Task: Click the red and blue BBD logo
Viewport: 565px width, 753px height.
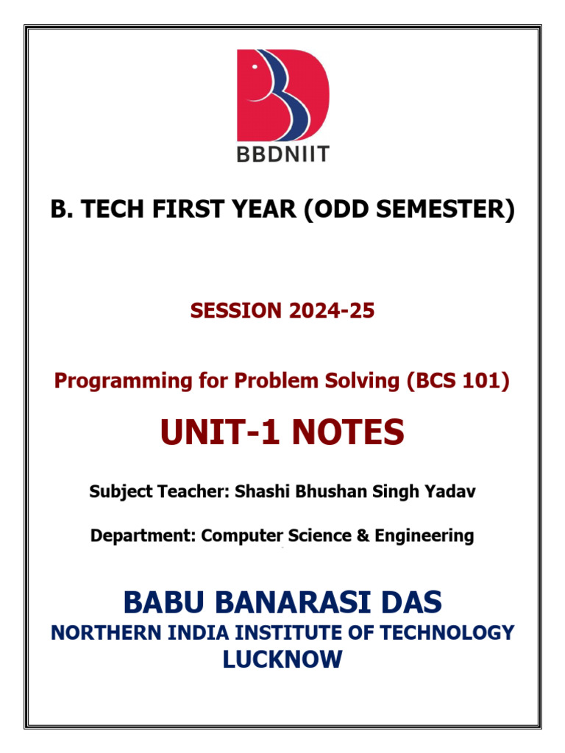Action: pyautogui.click(x=283, y=95)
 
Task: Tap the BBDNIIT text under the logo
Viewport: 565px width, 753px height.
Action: pyautogui.click(x=283, y=154)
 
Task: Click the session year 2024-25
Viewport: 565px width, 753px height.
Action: pyautogui.click(x=332, y=311)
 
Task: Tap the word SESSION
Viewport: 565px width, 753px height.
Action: pyautogui.click(x=236, y=311)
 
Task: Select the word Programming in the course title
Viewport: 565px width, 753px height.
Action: pyautogui.click(x=124, y=382)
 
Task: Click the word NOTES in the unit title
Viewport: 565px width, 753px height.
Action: pyautogui.click(x=348, y=432)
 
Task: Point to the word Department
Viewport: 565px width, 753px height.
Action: pyautogui.click(x=143, y=536)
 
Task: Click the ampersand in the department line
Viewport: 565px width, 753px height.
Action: pyautogui.click(x=363, y=535)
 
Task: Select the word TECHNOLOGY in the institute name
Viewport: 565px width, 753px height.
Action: pyautogui.click(x=447, y=633)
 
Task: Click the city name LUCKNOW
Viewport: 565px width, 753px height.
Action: pyautogui.click(x=282, y=659)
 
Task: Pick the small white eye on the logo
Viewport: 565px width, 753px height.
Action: pyautogui.click(x=255, y=67)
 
